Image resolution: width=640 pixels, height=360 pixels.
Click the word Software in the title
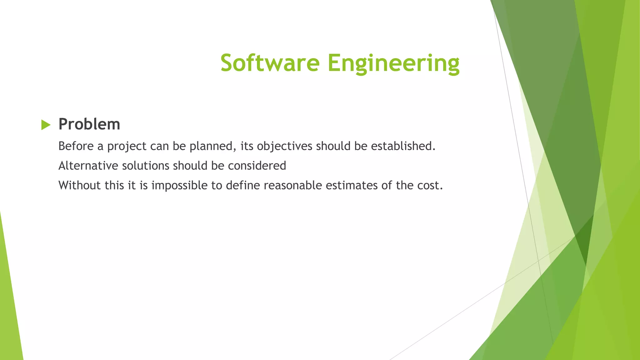coord(270,63)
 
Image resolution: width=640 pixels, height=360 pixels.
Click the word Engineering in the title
coord(393,63)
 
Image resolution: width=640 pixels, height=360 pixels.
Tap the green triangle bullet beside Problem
coord(46,125)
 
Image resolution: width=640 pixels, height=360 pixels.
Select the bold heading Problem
coord(89,124)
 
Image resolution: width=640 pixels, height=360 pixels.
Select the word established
coord(402,146)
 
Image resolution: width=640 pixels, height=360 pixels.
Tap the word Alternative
coord(88,166)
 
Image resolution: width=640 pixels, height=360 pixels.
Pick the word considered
coord(257,166)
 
